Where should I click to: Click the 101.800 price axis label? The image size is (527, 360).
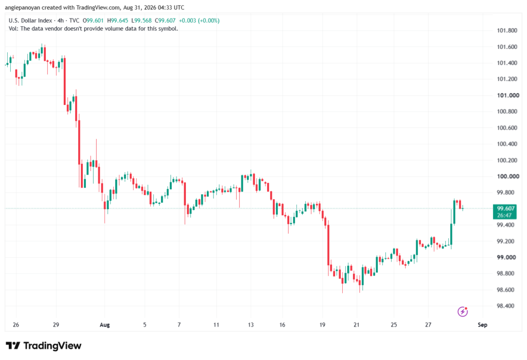[507, 30]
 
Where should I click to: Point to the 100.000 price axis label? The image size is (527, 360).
[508, 176]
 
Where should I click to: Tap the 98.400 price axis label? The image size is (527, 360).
[505, 306]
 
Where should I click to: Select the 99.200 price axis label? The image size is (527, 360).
[505, 241]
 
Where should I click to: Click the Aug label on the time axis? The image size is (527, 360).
[105, 325]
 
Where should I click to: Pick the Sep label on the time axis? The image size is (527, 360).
[482, 325]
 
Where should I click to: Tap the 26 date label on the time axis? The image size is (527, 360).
[16, 325]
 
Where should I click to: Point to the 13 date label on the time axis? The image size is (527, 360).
[251, 325]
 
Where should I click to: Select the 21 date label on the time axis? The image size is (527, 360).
[356, 325]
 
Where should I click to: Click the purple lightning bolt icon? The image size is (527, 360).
[463, 312]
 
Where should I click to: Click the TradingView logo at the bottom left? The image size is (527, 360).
[44, 346]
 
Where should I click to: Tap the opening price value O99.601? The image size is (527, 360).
[93, 21]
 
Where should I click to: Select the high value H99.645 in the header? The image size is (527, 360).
[118, 21]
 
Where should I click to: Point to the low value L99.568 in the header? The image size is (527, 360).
[142, 21]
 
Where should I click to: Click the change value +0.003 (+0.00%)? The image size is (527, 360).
[199, 21]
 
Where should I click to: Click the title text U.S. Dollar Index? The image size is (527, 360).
[30, 21]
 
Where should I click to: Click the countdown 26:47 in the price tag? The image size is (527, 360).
[504, 215]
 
